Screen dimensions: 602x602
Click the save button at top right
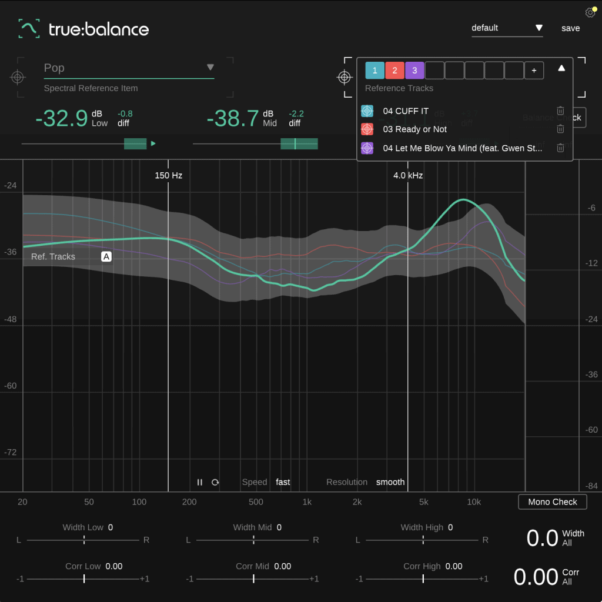click(570, 28)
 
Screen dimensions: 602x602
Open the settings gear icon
click(590, 13)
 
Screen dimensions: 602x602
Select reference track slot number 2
click(394, 71)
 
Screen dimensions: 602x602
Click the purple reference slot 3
click(414, 71)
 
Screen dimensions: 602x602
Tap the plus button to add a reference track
click(534, 71)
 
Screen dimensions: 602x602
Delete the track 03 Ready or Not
click(560, 129)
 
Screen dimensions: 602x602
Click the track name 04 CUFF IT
click(406, 111)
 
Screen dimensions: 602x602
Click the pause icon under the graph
click(200, 482)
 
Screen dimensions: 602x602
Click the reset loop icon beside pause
click(215, 482)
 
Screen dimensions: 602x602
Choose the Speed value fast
click(283, 482)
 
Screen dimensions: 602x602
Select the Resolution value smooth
click(390, 482)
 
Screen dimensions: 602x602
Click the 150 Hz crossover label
click(169, 175)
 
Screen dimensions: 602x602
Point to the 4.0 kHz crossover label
click(408, 175)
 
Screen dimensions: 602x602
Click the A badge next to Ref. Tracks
click(106, 256)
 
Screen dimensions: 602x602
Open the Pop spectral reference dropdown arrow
click(210, 68)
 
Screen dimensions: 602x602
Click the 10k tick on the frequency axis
click(474, 502)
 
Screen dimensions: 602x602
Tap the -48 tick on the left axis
click(11, 319)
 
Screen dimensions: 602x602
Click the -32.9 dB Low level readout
click(62, 119)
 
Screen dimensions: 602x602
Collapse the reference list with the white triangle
click(561, 68)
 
